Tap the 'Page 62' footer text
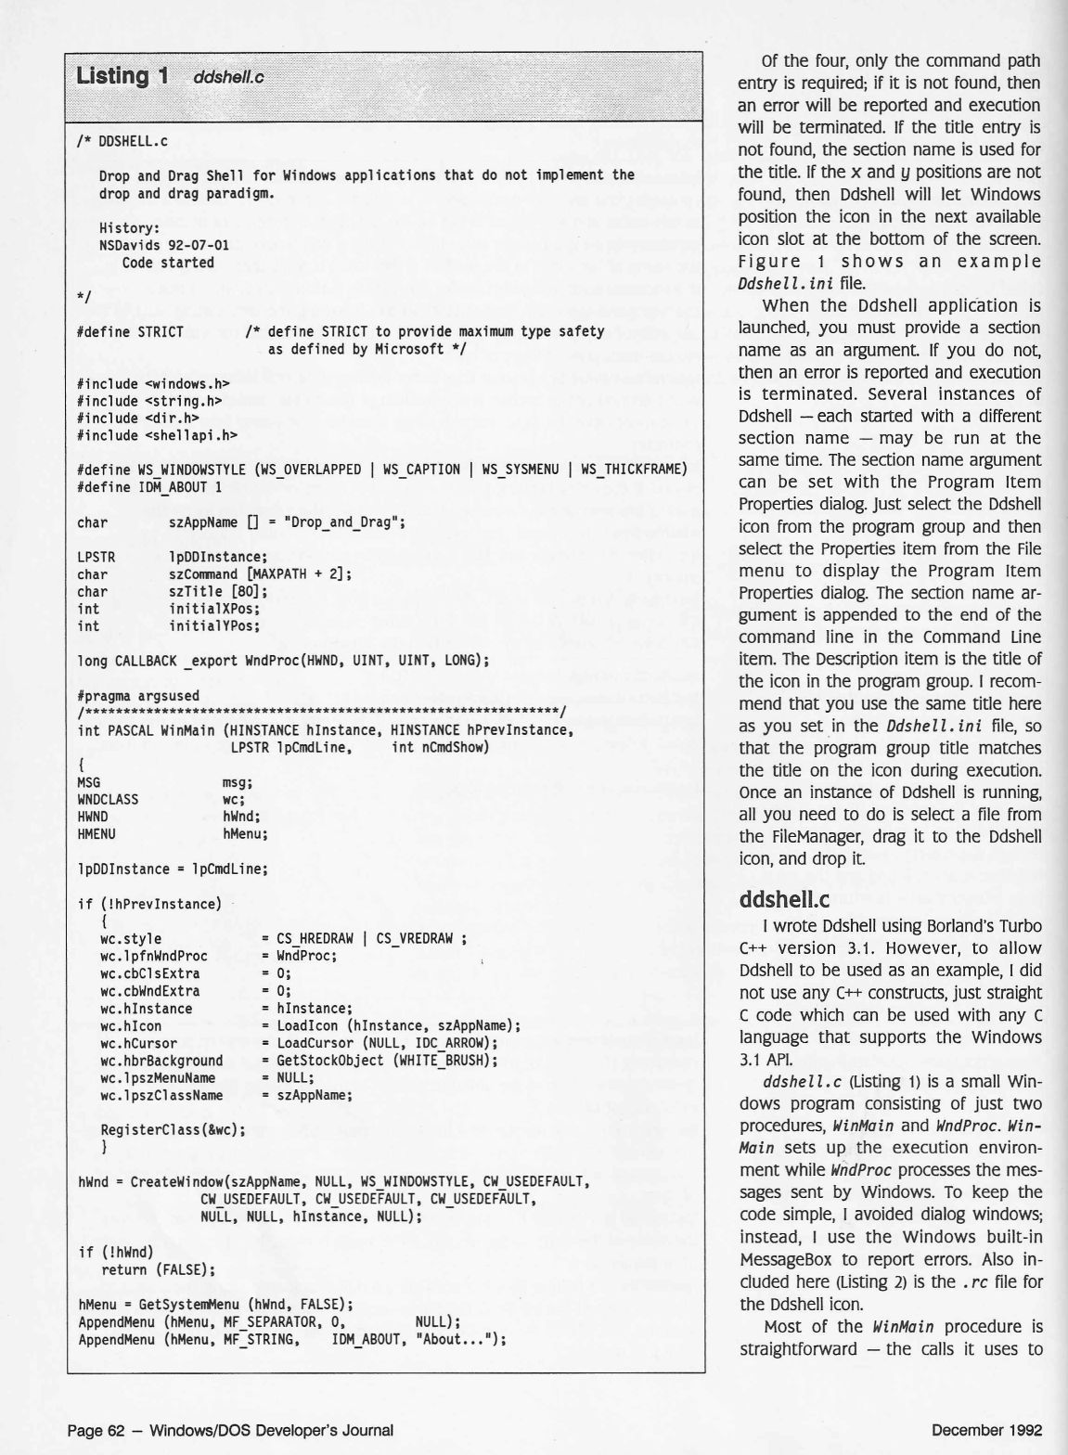pyautogui.click(x=97, y=1430)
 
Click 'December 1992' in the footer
pyautogui.click(x=986, y=1430)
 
